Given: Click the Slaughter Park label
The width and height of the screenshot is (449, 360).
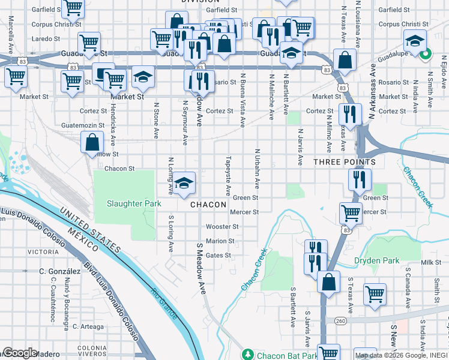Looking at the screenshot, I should (134, 203).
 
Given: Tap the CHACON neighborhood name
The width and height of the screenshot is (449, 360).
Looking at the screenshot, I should (208, 205).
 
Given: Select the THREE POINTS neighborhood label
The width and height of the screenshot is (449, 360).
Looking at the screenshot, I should (345, 162).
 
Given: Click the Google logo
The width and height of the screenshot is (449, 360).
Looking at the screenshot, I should (20, 353).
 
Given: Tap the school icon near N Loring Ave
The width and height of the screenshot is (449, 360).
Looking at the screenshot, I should (186, 182).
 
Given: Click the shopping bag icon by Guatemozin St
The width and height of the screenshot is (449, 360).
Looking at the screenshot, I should (92, 142).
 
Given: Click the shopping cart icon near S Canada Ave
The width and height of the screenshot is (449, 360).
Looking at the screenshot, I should (375, 294).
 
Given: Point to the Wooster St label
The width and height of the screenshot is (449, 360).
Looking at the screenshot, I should (222, 227).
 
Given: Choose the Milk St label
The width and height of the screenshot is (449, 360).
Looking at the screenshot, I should (430, 263).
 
